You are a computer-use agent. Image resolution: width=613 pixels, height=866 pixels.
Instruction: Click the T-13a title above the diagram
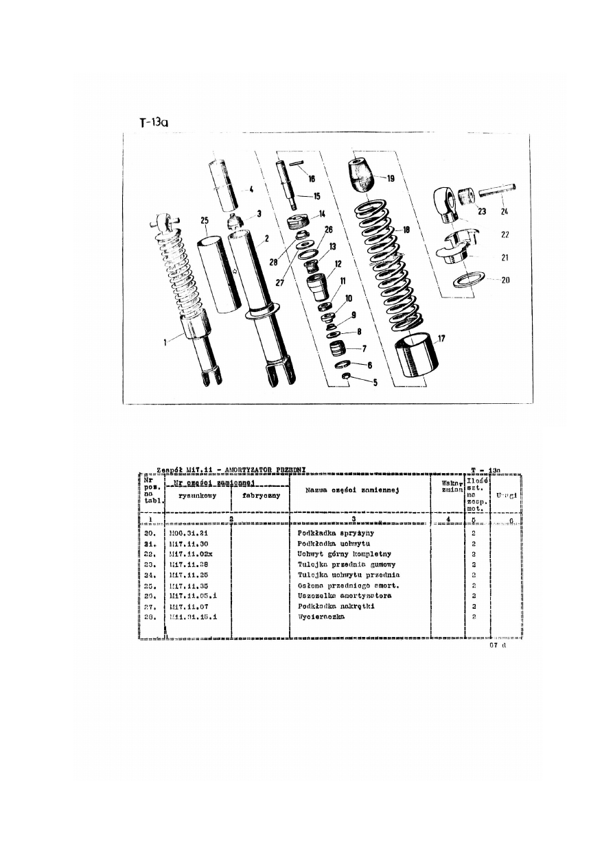click(x=153, y=122)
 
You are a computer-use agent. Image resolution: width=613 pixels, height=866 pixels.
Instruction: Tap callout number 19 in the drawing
click(x=391, y=178)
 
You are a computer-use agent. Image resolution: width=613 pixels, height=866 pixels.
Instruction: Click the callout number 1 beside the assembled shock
click(x=165, y=341)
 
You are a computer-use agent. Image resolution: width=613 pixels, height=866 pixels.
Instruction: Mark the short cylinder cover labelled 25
click(x=220, y=271)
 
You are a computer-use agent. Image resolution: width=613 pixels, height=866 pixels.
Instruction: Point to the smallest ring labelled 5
click(x=348, y=377)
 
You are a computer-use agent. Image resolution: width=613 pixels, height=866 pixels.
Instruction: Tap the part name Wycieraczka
click(x=321, y=616)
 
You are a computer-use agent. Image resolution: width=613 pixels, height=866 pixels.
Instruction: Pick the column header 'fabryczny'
click(x=261, y=496)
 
